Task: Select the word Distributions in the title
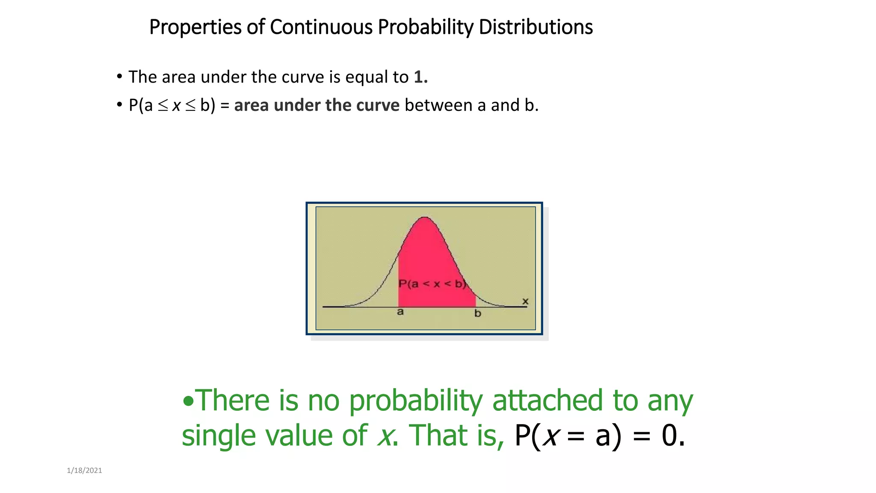(x=536, y=27)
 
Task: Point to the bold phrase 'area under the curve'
(x=317, y=105)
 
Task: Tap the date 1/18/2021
(x=84, y=470)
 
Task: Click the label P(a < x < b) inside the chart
(x=432, y=284)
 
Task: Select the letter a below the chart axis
(x=400, y=312)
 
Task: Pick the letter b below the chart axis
(x=477, y=314)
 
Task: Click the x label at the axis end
(x=525, y=302)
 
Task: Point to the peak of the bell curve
(x=424, y=218)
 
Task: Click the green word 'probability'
(x=415, y=401)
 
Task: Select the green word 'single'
(x=219, y=436)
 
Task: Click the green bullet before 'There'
(x=188, y=401)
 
